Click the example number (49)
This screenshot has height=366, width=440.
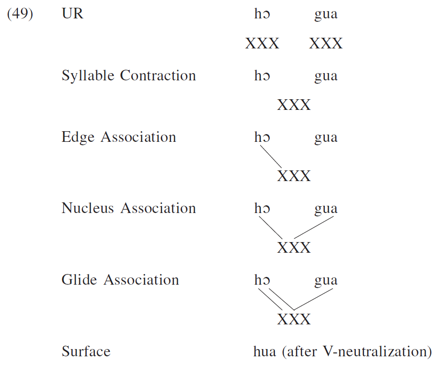tap(20, 14)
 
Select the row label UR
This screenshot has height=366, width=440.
tap(73, 14)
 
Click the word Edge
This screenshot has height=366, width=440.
tap(77, 137)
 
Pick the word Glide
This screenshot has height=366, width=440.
tap(79, 280)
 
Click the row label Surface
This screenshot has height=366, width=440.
tap(86, 351)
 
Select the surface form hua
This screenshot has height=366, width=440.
tap(264, 351)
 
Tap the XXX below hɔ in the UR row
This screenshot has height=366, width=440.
tap(262, 44)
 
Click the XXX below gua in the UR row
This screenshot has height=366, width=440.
tap(326, 44)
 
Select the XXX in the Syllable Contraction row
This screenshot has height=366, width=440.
tap(294, 105)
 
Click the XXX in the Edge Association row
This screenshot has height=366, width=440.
tap(294, 176)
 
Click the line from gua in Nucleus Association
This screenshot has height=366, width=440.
tap(314, 228)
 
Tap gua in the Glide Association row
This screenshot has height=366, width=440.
tap(326, 280)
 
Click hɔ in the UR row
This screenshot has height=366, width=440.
tap(262, 15)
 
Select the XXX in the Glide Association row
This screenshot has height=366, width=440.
tap(294, 320)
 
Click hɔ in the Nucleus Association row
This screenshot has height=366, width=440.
tap(262, 209)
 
